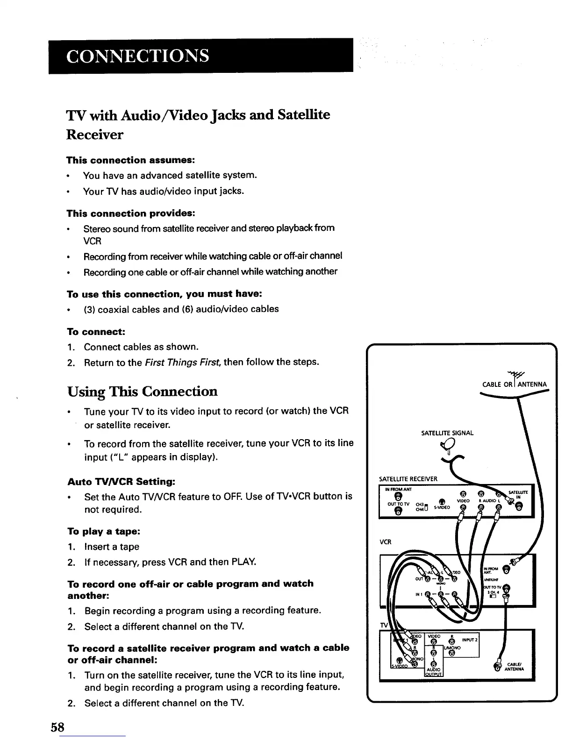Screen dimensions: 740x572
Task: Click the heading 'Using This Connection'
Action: [143, 391]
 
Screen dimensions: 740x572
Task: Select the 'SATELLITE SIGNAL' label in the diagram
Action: [447, 433]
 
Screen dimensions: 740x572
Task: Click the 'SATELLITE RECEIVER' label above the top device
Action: [408, 479]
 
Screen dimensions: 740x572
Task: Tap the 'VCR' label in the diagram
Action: [385, 542]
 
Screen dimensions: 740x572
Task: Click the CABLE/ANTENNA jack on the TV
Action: [498, 668]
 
